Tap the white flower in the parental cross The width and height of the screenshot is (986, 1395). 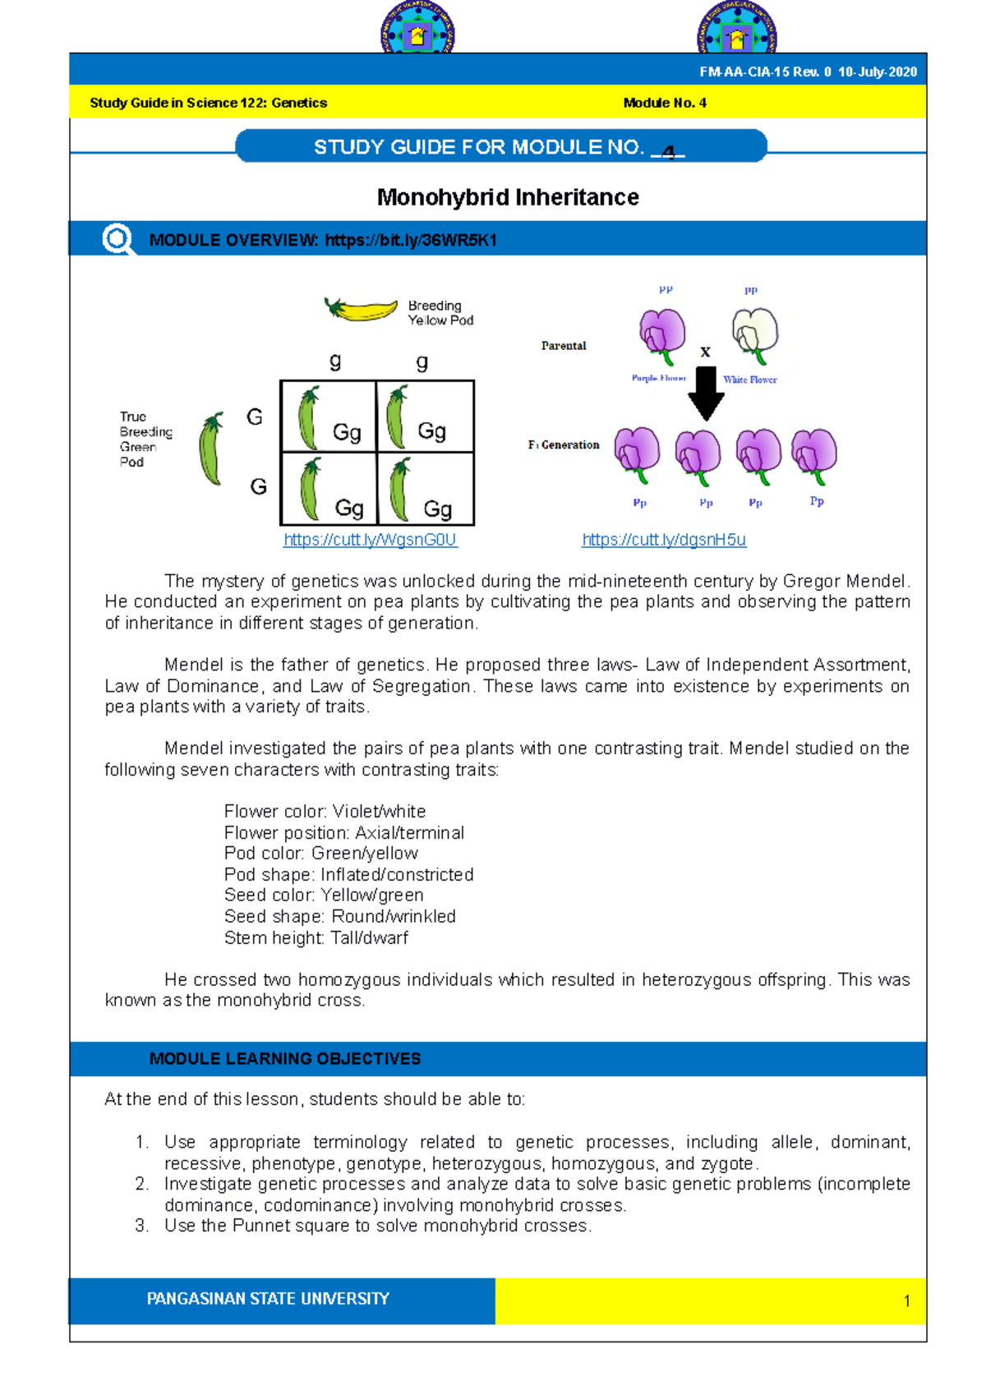(x=754, y=334)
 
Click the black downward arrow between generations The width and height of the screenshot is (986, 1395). (x=705, y=393)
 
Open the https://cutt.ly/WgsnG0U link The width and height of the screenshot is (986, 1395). (x=370, y=540)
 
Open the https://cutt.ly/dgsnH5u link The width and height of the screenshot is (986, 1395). (x=664, y=540)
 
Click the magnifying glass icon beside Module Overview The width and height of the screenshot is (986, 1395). (x=117, y=240)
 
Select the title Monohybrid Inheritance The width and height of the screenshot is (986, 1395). (x=508, y=197)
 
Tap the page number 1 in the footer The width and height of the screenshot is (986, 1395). (x=906, y=1301)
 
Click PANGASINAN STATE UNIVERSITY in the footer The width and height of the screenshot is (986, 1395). (x=268, y=1299)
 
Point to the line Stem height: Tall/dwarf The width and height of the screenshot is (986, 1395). (x=316, y=937)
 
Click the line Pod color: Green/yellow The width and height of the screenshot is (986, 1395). (x=320, y=853)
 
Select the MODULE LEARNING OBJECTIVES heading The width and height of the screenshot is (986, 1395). (x=285, y=1059)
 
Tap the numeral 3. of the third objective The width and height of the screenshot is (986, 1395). (x=142, y=1226)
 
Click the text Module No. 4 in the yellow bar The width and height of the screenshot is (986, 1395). (x=664, y=103)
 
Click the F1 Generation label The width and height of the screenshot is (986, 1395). (x=564, y=444)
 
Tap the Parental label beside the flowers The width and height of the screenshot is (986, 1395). (x=564, y=346)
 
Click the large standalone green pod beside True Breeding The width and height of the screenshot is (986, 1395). (x=211, y=449)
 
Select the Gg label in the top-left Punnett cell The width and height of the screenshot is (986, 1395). (x=347, y=432)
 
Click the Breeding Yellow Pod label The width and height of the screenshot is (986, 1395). (x=440, y=313)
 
